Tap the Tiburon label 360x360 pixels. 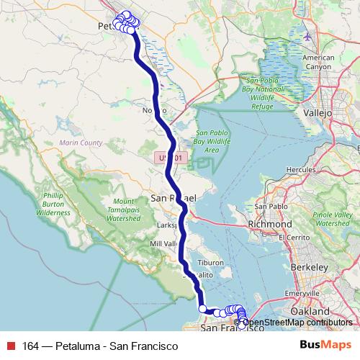pyautogui.click(x=213, y=263)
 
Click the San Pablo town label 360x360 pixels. pyautogui.click(x=270, y=207)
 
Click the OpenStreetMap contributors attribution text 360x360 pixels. pyautogui.click(x=300, y=322)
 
